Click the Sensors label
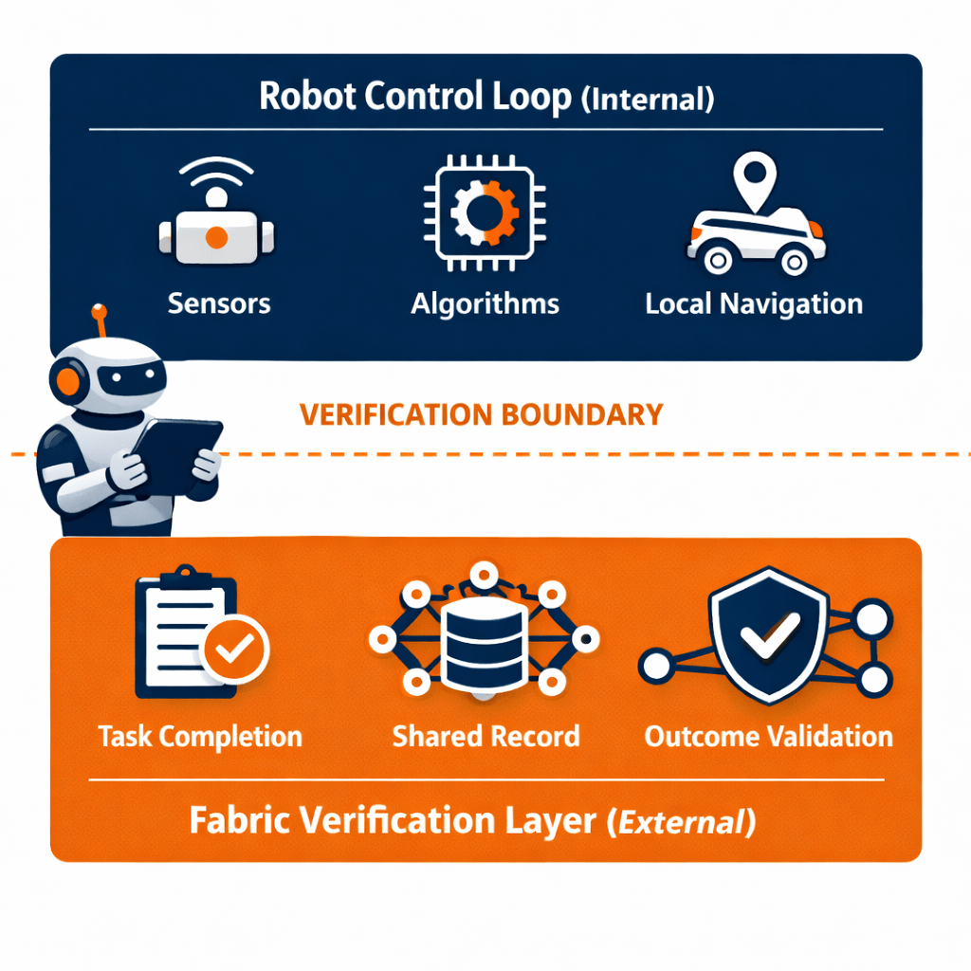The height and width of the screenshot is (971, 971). pyautogui.click(x=219, y=303)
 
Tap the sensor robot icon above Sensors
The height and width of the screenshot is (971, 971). pyautogui.click(x=217, y=227)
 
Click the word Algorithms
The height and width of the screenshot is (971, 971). pyautogui.click(x=485, y=304)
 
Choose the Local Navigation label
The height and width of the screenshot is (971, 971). pyautogui.click(x=754, y=304)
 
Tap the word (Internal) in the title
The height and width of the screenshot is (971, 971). pyautogui.click(x=647, y=100)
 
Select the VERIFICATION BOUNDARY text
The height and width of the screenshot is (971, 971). pyautogui.click(x=481, y=414)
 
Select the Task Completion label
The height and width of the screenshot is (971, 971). pyautogui.click(x=200, y=737)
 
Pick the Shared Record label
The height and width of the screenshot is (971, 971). pyautogui.click(x=485, y=737)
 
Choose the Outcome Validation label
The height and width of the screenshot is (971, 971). pyautogui.click(x=768, y=737)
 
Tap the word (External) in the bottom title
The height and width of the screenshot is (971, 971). pyautogui.click(x=681, y=821)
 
